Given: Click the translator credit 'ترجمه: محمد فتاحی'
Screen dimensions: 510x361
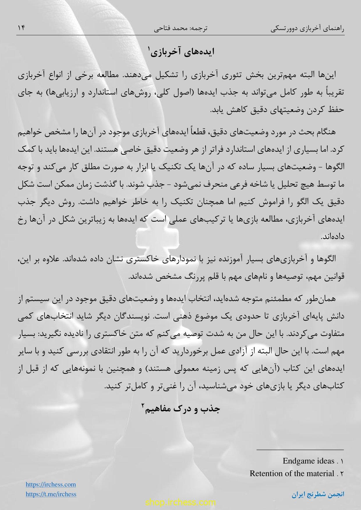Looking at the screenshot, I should pos(180,29).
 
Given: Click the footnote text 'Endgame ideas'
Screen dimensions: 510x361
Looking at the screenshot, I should pos(308,461).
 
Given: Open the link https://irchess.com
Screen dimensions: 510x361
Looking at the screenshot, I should pos(51,484).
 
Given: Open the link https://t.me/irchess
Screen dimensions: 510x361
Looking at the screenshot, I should pos(51,494).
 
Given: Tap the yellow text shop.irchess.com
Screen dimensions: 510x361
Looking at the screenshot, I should pos(180,502).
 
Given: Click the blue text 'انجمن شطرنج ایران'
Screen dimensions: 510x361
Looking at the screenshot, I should pos(318,495).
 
